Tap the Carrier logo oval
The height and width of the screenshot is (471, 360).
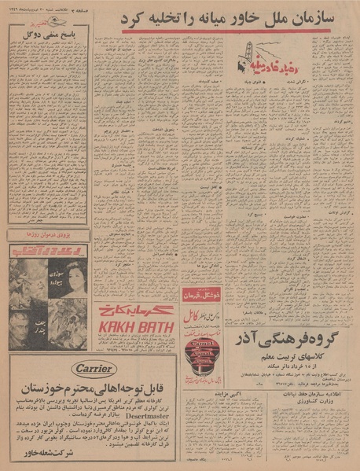tap(93, 368)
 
